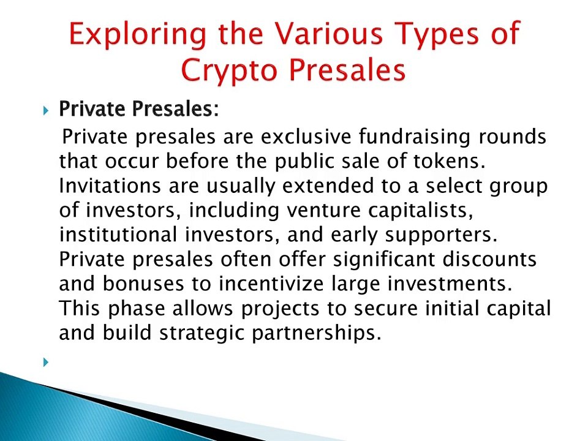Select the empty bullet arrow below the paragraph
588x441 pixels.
coord(46,362)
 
